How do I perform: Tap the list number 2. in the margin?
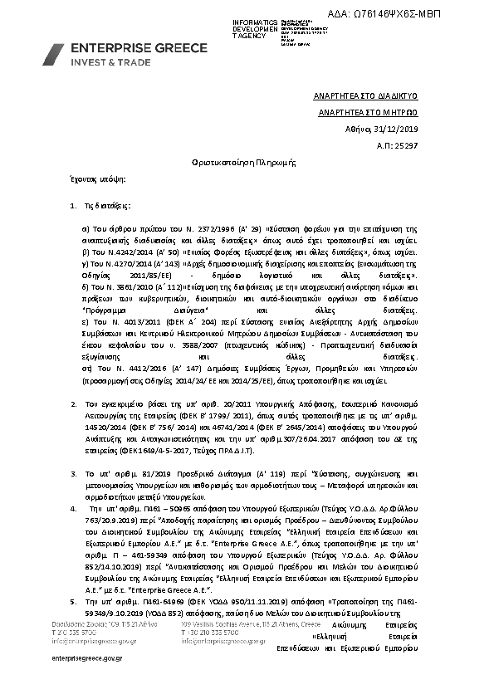(x=74, y=403)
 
